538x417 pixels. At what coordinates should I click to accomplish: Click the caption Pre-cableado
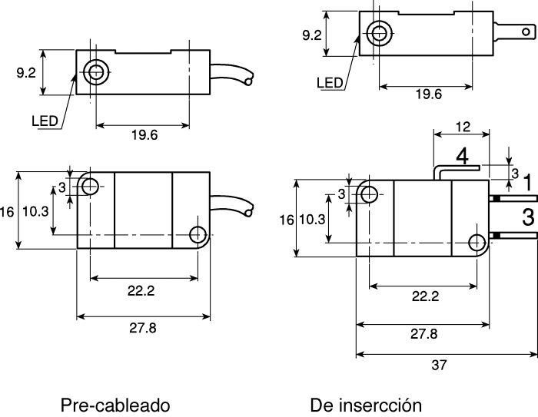(x=115, y=405)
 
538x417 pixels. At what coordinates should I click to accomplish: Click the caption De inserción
(x=366, y=405)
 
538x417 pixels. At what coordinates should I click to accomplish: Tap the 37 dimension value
(x=439, y=366)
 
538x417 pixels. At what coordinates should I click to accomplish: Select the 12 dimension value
(x=463, y=127)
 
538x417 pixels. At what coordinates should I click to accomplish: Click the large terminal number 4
(x=463, y=157)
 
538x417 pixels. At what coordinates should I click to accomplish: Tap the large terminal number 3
(x=529, y=217)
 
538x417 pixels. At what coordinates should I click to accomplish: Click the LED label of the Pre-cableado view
(x=45, y=121)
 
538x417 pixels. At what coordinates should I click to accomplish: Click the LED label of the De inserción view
(x=330, y=83)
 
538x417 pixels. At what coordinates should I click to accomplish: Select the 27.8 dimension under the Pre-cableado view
(x=143, y=328)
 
